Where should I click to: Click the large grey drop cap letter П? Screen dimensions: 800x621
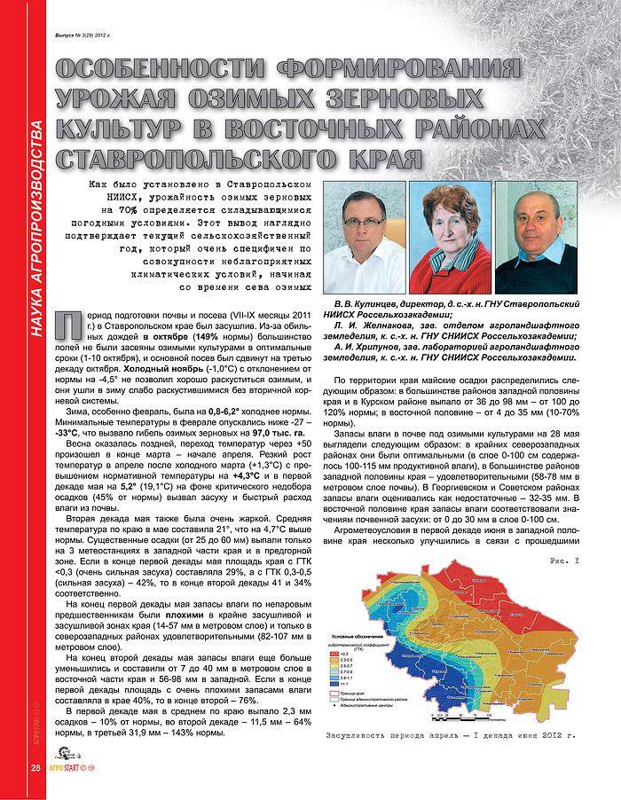65,328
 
